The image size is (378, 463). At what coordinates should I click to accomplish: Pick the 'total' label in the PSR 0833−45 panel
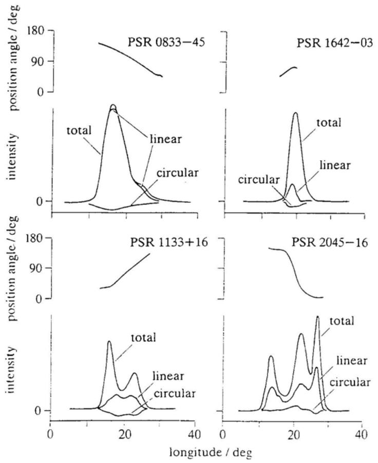tap(79, 130)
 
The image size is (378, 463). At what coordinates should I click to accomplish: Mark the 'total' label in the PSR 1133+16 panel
tap(142, 337)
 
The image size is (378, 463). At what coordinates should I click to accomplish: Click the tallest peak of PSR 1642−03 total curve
tap(295, 113)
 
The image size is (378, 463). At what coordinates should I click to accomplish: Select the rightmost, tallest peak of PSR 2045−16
tap(317, 317)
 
